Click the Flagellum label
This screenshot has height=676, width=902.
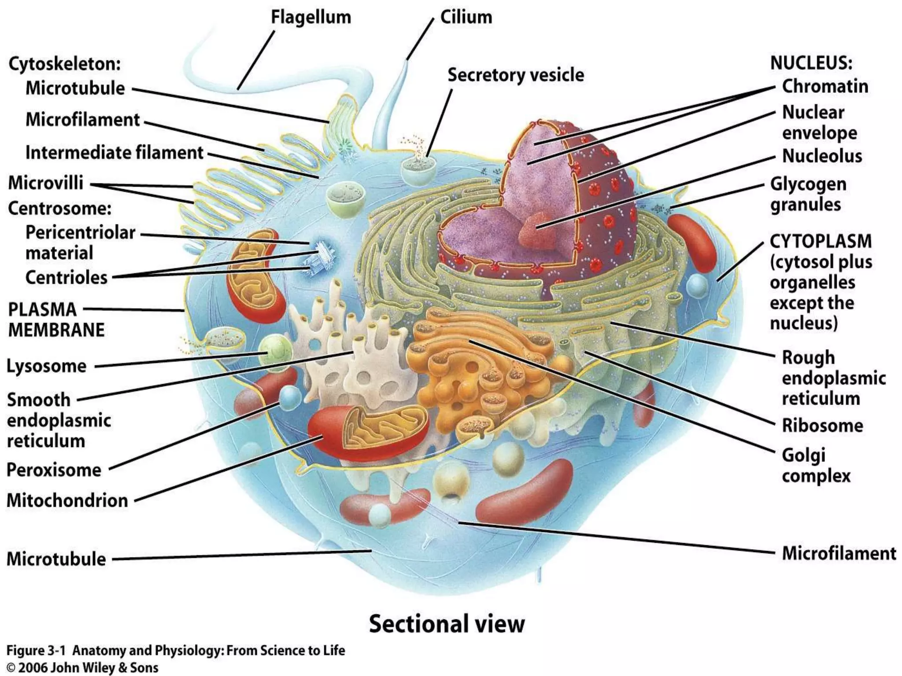(311, 18)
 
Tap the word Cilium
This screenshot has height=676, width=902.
(466, 18)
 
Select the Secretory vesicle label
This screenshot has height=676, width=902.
(515, 75)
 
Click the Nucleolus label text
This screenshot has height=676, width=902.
(822, 156)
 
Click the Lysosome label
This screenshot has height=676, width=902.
(46, 366)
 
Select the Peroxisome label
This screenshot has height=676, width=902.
(54, 470)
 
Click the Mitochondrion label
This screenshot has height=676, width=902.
(67, 501)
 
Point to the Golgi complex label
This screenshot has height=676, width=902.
(816, 466)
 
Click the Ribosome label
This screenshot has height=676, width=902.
(822, 426)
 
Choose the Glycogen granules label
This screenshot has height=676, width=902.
(808, 195)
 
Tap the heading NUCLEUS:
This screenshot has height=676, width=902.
(811, 63)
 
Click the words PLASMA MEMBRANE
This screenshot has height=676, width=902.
(56, 320)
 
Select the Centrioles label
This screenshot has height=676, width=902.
(66, 278)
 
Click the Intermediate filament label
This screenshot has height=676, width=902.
(114, 153)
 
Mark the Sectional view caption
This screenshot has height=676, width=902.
(447, 624)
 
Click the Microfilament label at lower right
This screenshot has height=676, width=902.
(839, 554)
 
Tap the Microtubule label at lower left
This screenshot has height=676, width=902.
(56, 559)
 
